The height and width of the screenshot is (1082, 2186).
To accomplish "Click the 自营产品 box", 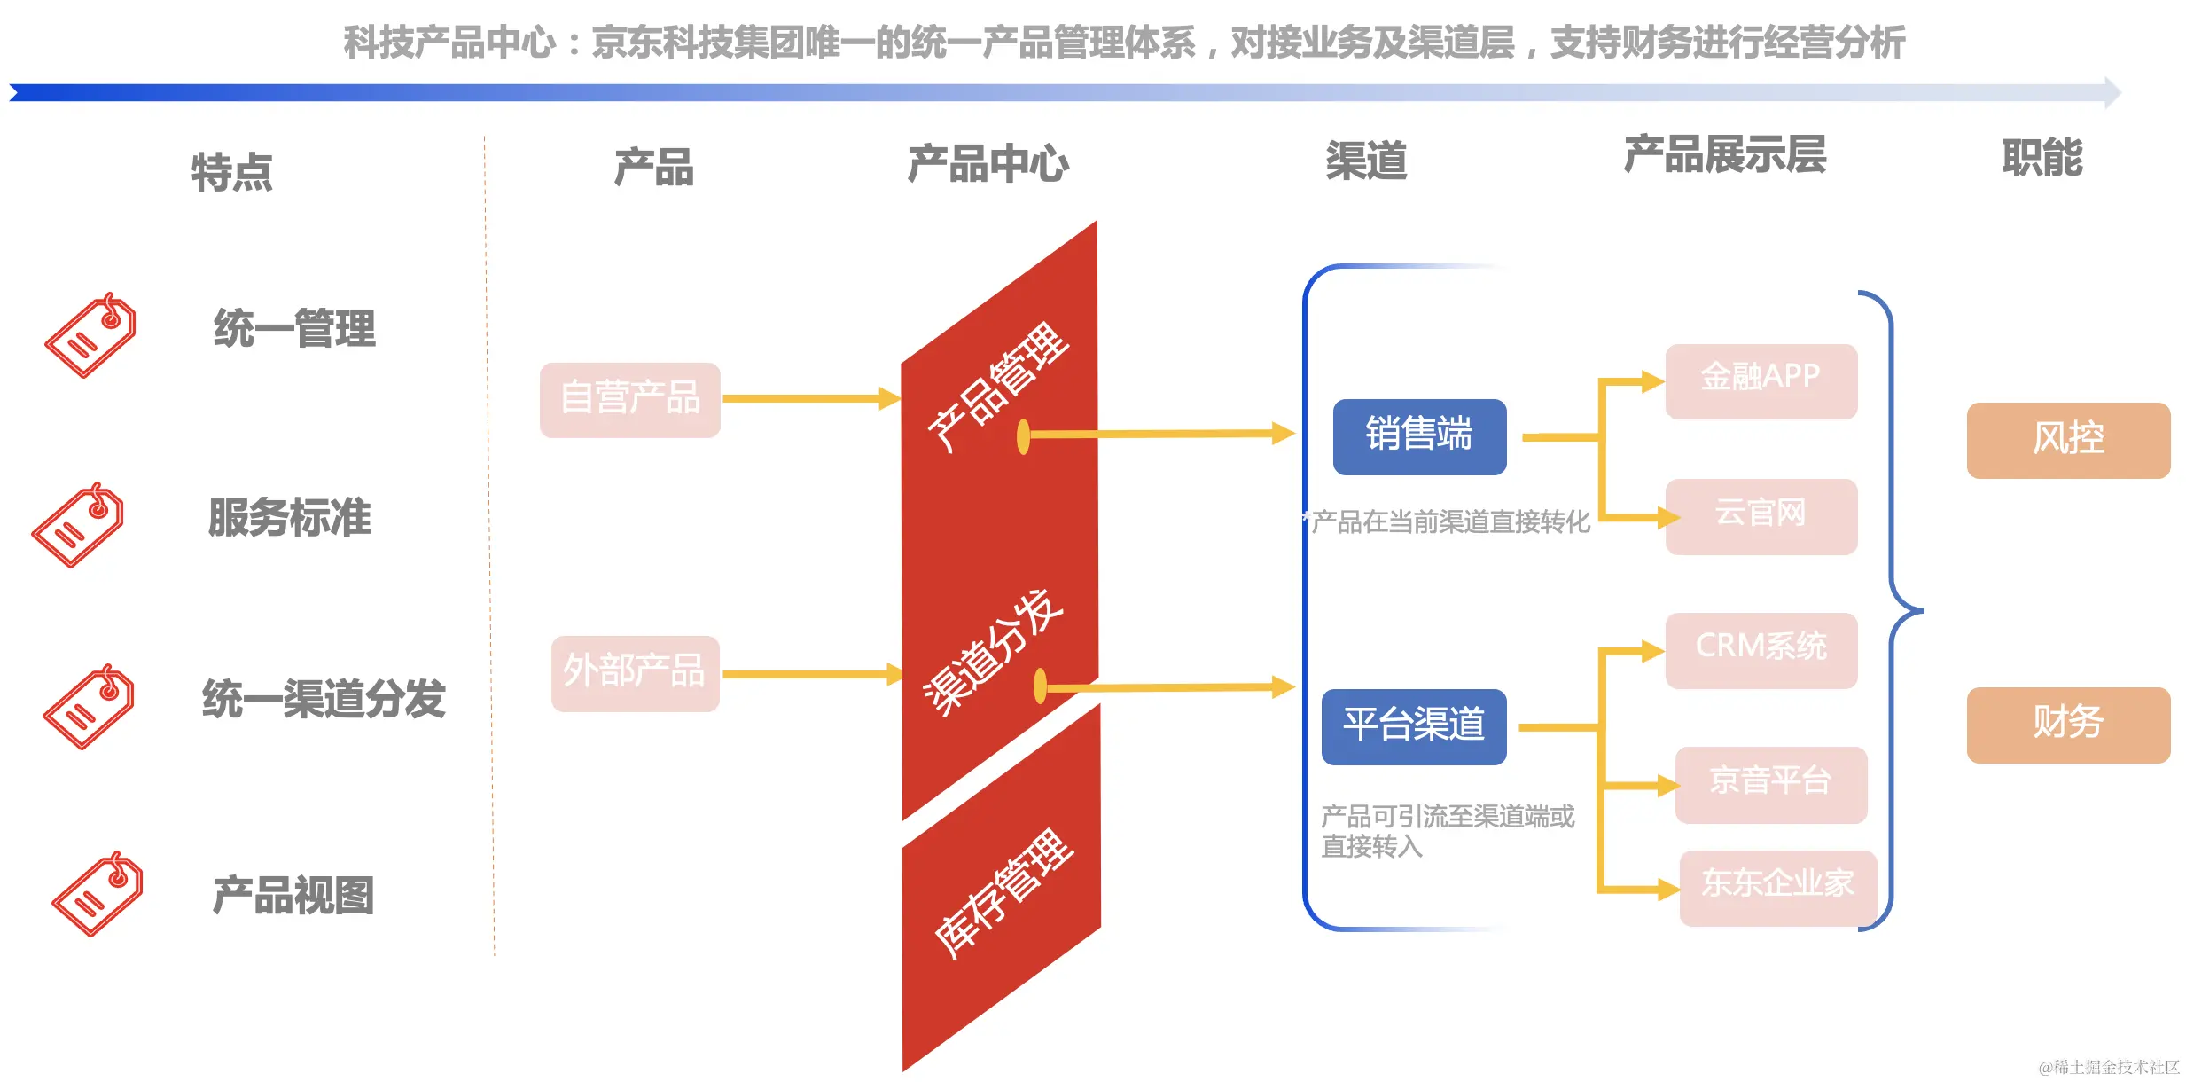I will (x=629, y=399).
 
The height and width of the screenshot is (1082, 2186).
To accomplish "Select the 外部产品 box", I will (x=635, y=672).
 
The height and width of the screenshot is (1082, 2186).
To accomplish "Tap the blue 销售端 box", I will (x=1418, y=436).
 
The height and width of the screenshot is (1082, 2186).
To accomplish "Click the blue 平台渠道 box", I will (x=1413, y=725).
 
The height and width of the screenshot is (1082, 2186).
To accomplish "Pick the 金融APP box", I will (x=1761, y=380).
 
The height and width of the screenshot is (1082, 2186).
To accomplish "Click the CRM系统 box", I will (x=1761, y=649).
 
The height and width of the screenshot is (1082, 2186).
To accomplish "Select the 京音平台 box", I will (x=1770, y=784).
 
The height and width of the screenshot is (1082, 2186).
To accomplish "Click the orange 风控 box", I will (x=2067, y=440).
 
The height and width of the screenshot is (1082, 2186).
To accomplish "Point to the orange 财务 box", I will (x=2067, y=724).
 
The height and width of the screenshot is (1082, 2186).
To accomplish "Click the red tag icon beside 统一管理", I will (x=90, y=335).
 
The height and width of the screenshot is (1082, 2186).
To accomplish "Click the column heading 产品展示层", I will (x=1723, y=156).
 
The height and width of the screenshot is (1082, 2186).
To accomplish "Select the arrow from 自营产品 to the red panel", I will (x=807, y=398).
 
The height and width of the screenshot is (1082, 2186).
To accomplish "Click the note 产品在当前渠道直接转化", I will (x=1450, y=522).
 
